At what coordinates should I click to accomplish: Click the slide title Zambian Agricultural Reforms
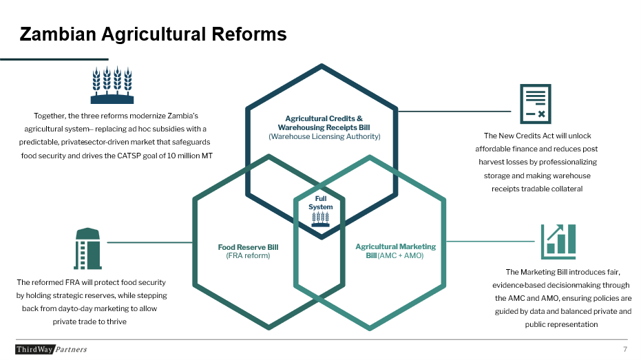pos(153,34)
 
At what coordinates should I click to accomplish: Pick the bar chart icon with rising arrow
pos(558,239)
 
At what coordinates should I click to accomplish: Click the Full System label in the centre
pos(320,203)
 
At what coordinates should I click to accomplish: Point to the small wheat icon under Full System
pos(320,218)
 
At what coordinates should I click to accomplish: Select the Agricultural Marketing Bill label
pos(395,246)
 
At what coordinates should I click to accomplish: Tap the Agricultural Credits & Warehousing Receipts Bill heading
pos(324,123)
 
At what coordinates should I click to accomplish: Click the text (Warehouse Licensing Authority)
pos(324,136)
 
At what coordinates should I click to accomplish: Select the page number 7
pos(624,349)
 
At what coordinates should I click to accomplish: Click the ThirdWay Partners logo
pos(52,349)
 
